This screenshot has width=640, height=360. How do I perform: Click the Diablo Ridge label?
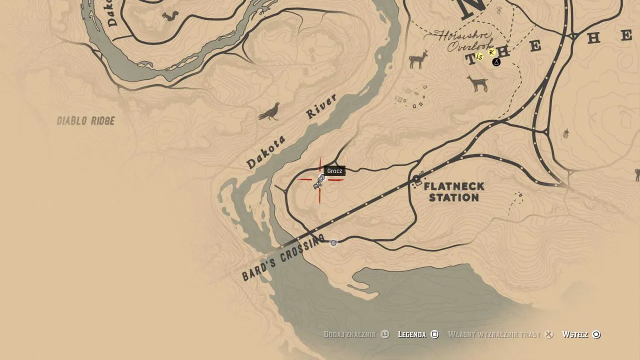[x=85, y=121]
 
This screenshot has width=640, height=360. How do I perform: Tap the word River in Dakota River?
[x=321, y=106]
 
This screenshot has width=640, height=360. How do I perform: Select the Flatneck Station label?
[x=454, y=192]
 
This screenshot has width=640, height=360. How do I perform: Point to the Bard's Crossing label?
[x=283, y=257]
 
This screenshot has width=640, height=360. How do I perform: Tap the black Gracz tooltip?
[x=334, y=171]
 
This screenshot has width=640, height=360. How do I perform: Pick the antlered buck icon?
[x=418, y=59]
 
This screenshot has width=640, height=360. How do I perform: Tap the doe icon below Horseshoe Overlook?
[x=478, y=83]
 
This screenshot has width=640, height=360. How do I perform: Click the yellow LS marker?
[x=479, y=56]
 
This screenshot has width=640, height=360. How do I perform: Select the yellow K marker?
[x=491, y=52]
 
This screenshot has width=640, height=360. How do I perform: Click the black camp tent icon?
[x=496, y=62]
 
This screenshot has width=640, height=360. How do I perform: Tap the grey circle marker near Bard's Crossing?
[x=333, y=243]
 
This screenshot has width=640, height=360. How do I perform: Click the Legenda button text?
[x=412, y=334]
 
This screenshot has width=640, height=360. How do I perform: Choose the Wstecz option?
[x=575, y=334]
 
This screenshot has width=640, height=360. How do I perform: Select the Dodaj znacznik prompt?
[x=349, y=334]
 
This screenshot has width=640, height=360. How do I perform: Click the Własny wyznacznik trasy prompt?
[x=494, y=334]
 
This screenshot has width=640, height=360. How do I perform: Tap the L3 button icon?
[x=385, y=334]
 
